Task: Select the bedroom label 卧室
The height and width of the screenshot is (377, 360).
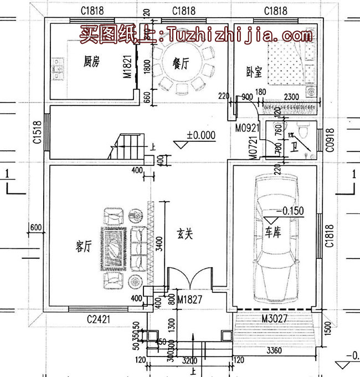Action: coord(254,72)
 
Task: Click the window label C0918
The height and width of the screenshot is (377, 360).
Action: coord(330,142)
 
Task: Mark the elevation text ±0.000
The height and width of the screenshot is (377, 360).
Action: coord(200,135)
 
